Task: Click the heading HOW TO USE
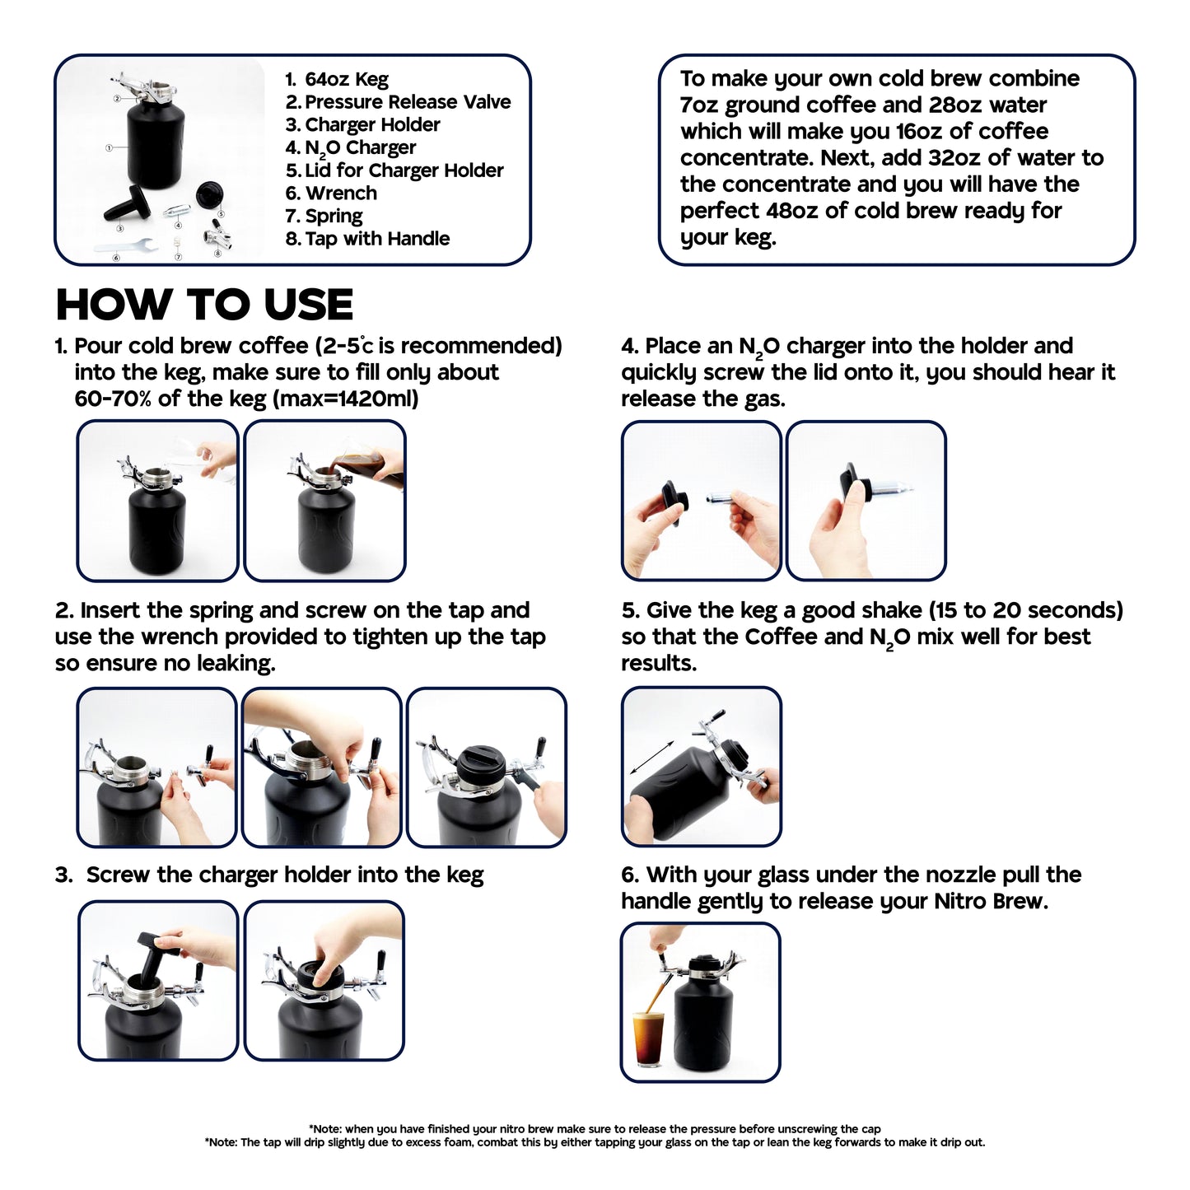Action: [204, 305]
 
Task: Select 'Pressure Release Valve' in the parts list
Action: [408, 102]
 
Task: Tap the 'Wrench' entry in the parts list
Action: [341, 194]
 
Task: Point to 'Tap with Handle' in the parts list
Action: [377, 239]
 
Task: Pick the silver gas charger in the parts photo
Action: [176, 212]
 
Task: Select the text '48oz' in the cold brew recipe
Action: [791, 211]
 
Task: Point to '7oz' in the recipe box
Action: [699, 105]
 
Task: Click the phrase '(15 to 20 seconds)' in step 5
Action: [1026, 611]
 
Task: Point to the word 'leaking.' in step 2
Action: [236, 663]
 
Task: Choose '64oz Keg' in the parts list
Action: [347, 80]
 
